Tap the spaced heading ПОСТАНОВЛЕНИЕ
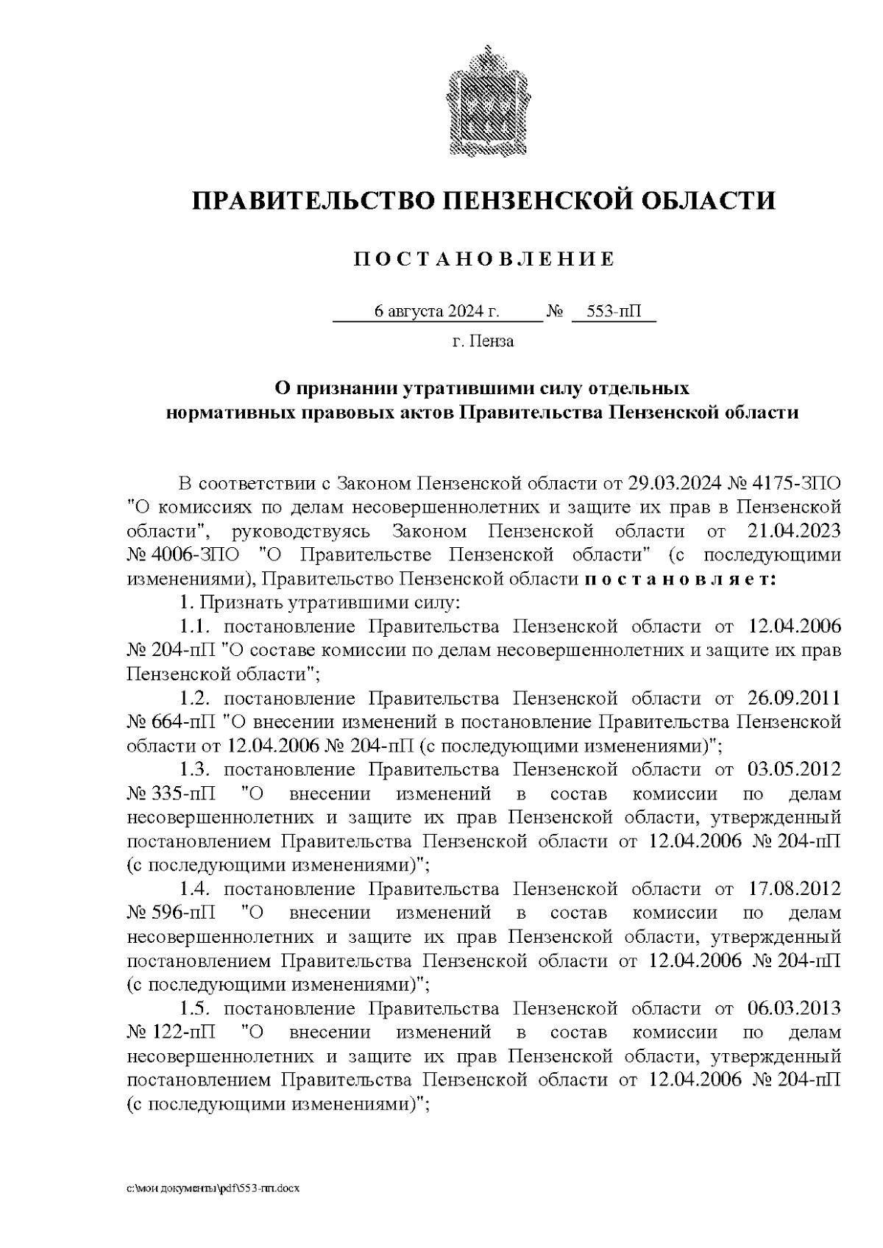tap(484, 259)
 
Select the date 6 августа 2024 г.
tap(437, 311)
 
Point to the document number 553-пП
tap(614, 311)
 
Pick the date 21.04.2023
tap(794, 531)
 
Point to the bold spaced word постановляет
tap(681, 579)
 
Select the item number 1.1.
tap(196, 627)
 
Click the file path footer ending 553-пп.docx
tap(213, 1188)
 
